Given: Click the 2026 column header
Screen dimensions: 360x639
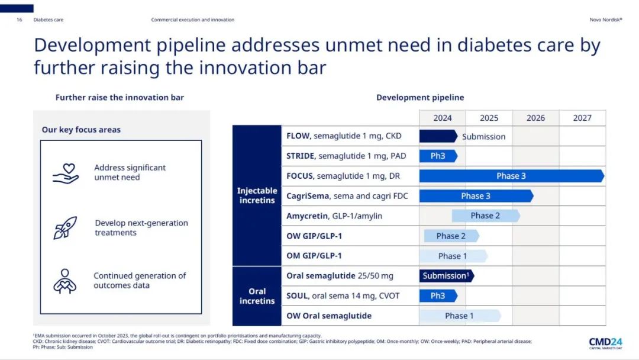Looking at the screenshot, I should click(535, 118).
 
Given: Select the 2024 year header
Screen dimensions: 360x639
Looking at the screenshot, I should click(442, 118).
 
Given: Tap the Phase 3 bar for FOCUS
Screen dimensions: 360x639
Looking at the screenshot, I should click(511, 176).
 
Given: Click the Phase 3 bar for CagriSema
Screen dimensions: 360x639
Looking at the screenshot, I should click(476, 196).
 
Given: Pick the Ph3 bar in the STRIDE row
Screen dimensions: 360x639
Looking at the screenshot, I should click(438, 156).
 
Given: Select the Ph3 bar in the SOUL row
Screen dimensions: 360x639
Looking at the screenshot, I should click(438, 295).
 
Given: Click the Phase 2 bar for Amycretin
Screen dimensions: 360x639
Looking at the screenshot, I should click(485, 216).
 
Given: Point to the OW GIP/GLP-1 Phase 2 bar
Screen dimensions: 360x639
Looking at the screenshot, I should click(451, 236).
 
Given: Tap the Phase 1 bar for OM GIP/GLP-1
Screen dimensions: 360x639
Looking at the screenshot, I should click(453, 256).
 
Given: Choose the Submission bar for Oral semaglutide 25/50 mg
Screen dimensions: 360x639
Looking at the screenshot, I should click(446, 276).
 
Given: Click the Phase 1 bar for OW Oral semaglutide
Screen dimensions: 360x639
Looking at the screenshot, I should click(459, 316).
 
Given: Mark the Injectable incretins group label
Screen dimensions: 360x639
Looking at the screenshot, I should click(257, 195).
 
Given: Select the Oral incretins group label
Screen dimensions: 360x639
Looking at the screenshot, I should click(257, 296).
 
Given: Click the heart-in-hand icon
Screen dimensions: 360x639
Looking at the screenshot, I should click(66, 173).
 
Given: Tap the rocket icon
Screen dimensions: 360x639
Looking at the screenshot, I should click(65, 228).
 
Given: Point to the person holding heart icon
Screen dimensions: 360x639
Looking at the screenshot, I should click(65, 281).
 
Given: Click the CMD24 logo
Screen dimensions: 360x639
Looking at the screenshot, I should click(605, 343).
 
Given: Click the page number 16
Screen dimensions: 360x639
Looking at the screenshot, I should click(20, 20).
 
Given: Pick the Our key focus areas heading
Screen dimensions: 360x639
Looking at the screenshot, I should click(81, 130).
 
